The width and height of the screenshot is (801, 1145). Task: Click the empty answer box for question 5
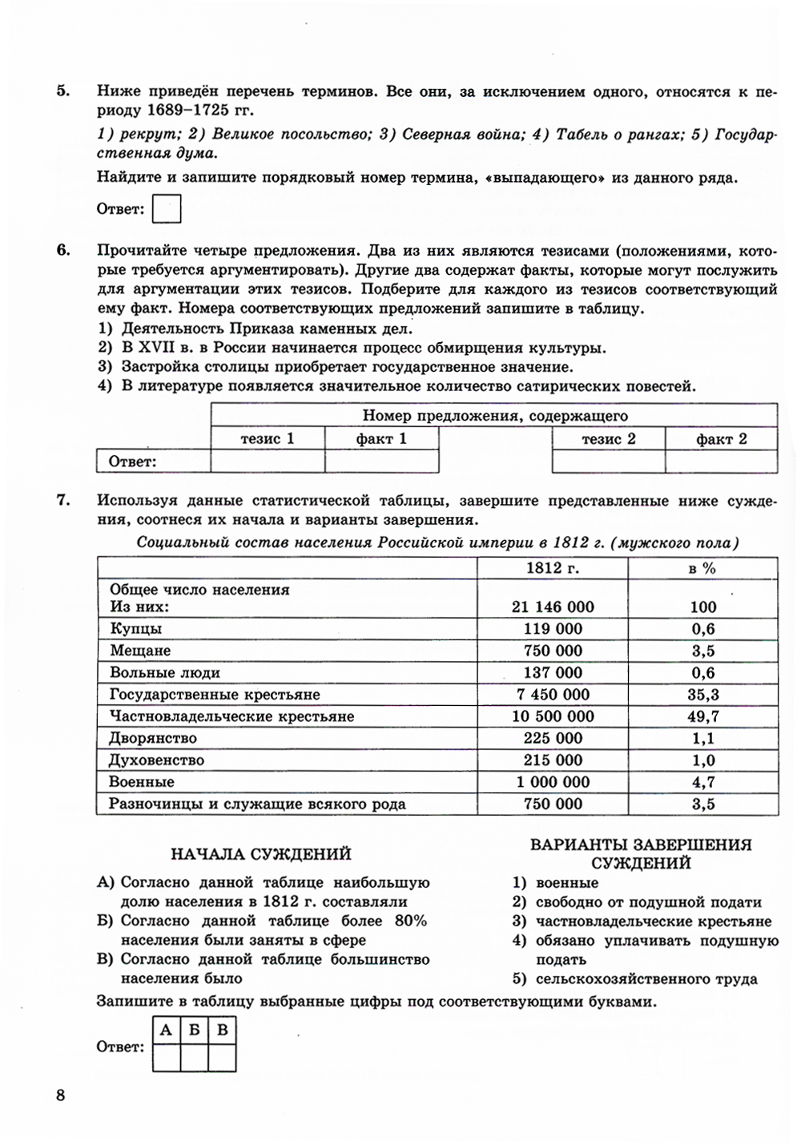[x=167, y=209]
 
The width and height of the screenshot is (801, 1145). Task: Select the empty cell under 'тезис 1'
[x=268, y=462]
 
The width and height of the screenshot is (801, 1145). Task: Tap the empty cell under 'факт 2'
[x=721, y=462]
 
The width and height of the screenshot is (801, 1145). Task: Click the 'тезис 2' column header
[x=608, y=438]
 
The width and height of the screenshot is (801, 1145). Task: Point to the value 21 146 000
[x=553, y=607]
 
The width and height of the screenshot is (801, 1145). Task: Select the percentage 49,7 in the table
[x=702, y=716]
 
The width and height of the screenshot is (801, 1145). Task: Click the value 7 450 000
[x=553, y=695]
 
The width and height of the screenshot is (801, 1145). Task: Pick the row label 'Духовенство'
[x=157, y=760]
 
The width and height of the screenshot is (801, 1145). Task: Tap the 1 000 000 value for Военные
[x=553, y=782]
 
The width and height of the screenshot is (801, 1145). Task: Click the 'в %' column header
[x=702, y=568]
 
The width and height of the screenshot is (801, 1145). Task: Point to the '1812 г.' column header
[x=553, y=568]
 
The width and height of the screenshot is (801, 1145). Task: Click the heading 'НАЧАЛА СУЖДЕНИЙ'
[x=261, y=854]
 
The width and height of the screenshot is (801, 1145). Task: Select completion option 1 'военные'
[x=567, y=883]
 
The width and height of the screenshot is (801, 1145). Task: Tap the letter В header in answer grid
[x=222, y=1030]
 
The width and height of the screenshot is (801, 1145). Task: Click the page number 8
[x=60, y=1096]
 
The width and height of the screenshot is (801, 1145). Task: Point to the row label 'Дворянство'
[x=153, y=738]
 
